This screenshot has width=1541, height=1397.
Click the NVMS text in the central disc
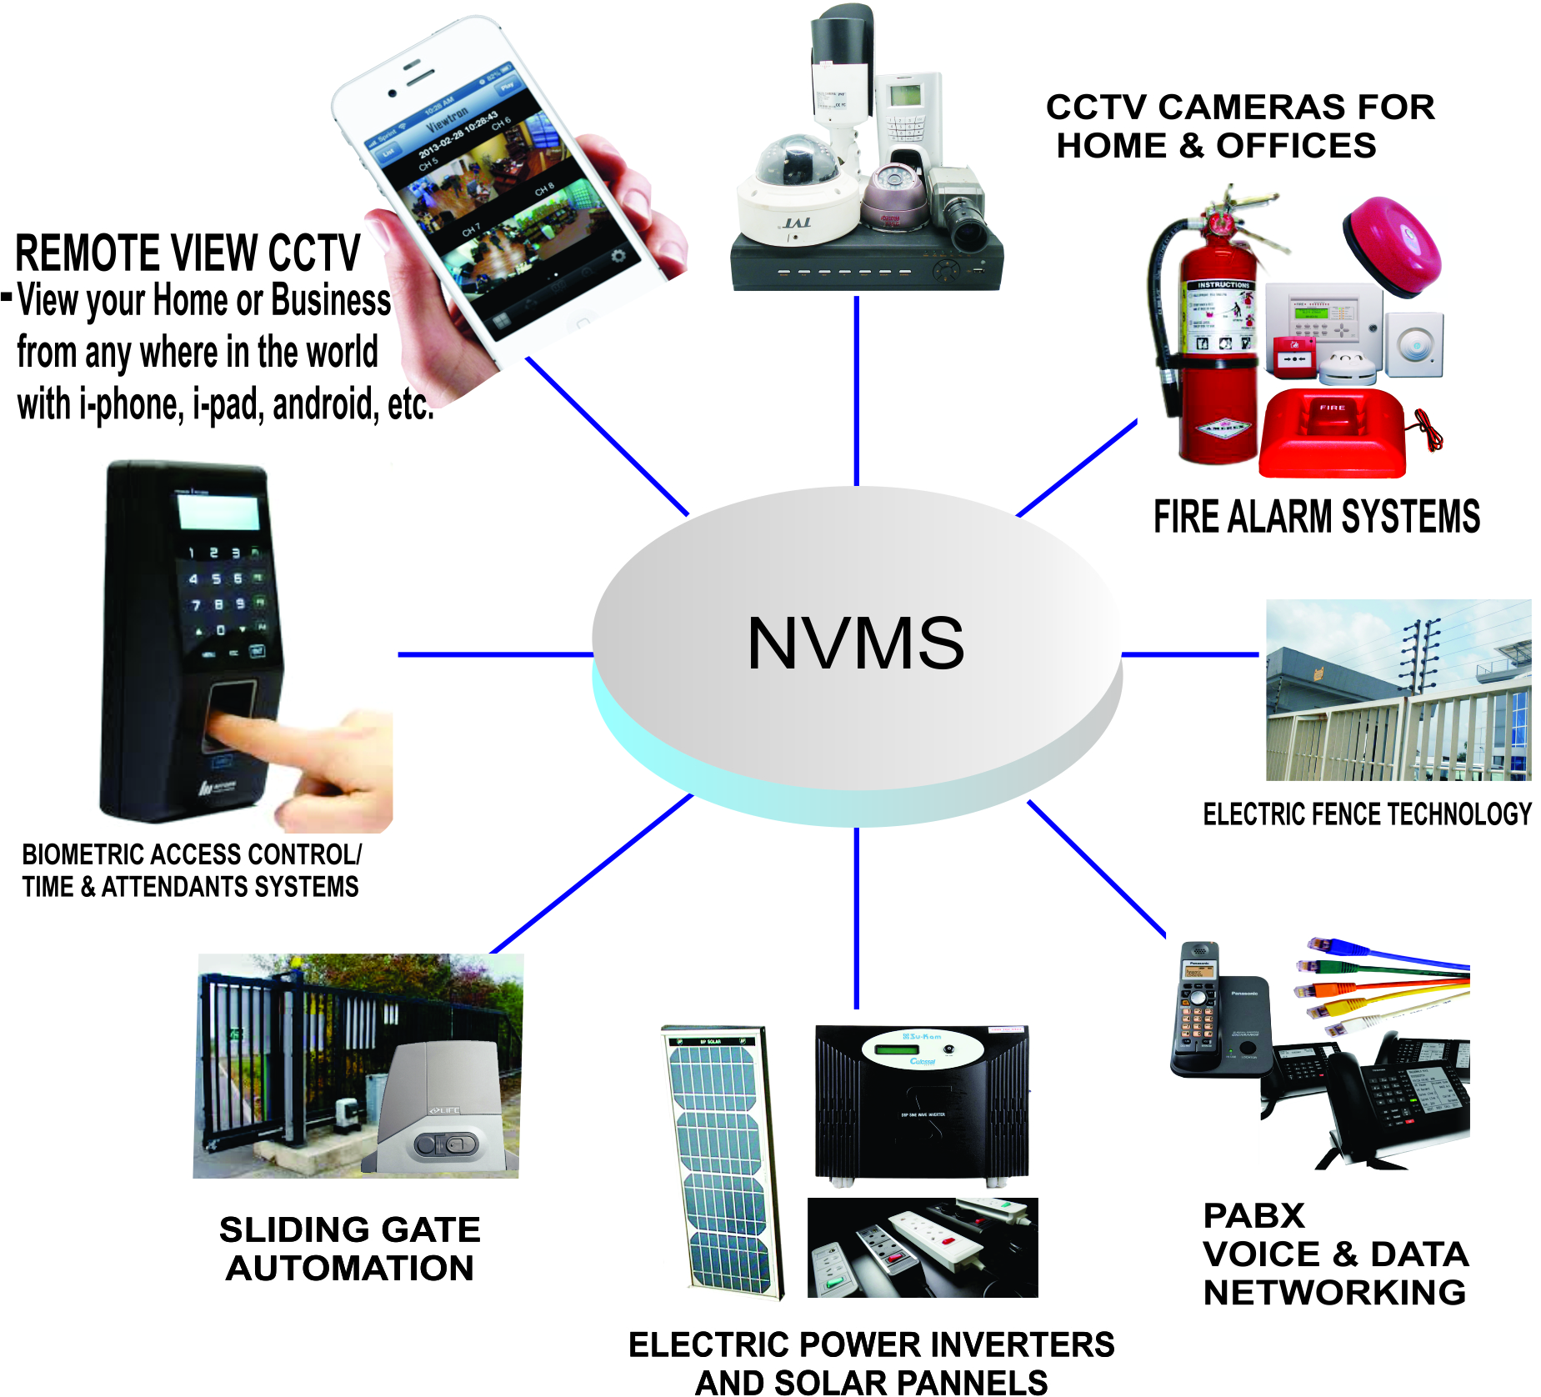(x=855, y=643)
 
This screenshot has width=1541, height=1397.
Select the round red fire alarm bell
(x=1391, y=245)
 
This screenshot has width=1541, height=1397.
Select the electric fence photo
(x=1398, y=690)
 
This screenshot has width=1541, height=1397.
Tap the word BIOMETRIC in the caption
(x=83, y=855)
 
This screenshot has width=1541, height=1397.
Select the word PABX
(x=1253, y=1216)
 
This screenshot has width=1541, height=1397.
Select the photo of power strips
(x=922, y=1248)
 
